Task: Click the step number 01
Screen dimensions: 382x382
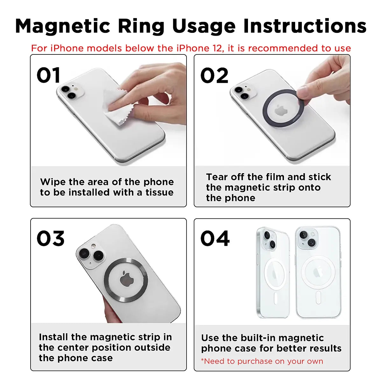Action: point(48,76)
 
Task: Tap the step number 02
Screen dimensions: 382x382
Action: point(214,76)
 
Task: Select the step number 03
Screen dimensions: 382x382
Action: point(50,239)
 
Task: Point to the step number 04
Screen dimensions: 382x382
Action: point(215,239)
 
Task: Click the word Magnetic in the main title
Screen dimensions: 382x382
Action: point(63,26)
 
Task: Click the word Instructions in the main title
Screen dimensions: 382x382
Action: point(305,26)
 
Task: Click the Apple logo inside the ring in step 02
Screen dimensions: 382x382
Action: point(280,110)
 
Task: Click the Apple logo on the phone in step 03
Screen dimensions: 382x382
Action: point(126,279)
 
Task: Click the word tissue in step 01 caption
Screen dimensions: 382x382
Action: point(159,193)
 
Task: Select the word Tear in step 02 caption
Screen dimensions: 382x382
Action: point(217,177)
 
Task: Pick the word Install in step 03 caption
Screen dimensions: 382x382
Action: point(53,337)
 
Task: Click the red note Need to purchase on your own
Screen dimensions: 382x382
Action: point(262,361)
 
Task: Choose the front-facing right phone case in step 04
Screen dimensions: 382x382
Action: point(318,272)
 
